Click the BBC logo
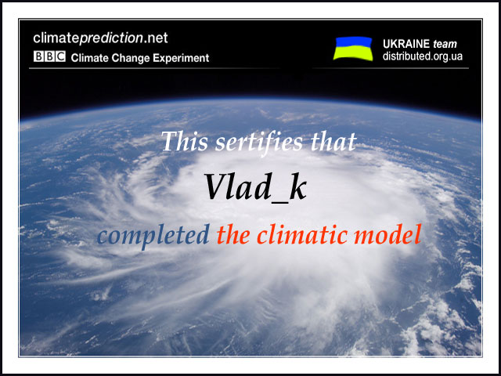(x=49, y=56)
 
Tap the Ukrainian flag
(x=353, y=49)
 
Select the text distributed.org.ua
(x=423, y=56)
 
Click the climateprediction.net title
(x=100, y=38)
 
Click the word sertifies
(x=259, y=142)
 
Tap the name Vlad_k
(x=255, y=187)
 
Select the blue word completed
(x=153, y=235)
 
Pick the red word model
(x=387, y=234)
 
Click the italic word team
(x=445, y=44)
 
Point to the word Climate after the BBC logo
(x=89, y=58)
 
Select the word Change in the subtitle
(x=131, y=58)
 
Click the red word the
(x=233, y=234)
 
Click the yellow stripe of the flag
(x=353, y=53)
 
